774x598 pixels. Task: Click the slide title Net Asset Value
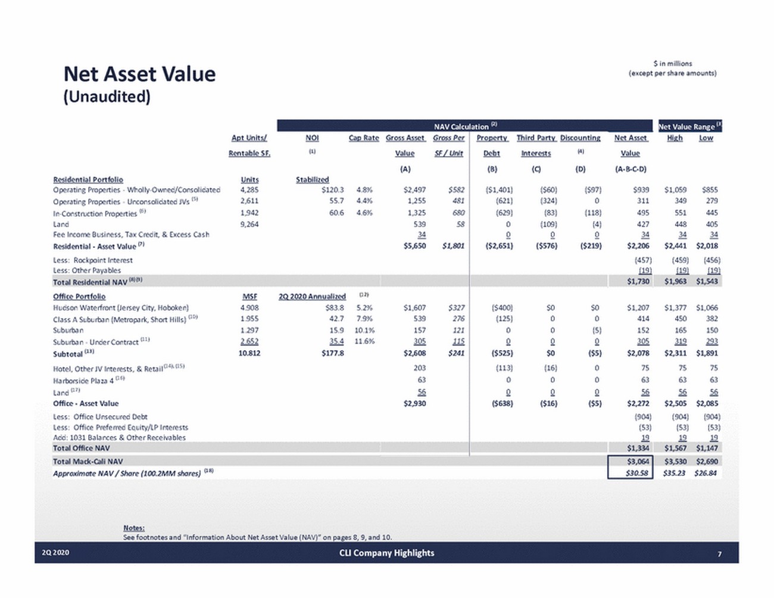pyautogui.click(x=139, y=74)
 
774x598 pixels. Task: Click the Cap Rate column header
pyautogui.click(x=363, y=138)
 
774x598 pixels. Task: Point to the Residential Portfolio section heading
pyautogui.click(x=88, y=179)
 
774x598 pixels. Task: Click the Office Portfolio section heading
pyautogui.click(x=79, y=296)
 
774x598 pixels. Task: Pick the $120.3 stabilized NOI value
pyautogui.click(x=332, y=190)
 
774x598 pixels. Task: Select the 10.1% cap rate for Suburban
pyautogui.click(x=364, y=330)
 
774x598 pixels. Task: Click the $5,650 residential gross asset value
pyautogui.click(x=414, y=245)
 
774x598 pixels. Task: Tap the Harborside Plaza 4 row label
pyautogui.click(x=85, y=380)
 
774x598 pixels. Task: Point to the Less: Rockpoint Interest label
pyautogui.click(x=93, y=260)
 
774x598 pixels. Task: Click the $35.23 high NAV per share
pyautogui.click(x=675, y=473)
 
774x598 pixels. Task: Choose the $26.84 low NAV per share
pyautogui.click(x=706, y=473)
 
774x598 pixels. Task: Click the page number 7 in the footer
pyautogui.click(x=719, y=553)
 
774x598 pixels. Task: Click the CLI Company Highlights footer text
pyautogui.click(x=386, y=553)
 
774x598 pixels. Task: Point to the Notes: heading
pyautogui.click(x=134, y=528)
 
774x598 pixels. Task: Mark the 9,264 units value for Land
pyautogui.click(x=249, y=224)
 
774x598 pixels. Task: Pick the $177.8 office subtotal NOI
pyautogui.click(x=332, y=353)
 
